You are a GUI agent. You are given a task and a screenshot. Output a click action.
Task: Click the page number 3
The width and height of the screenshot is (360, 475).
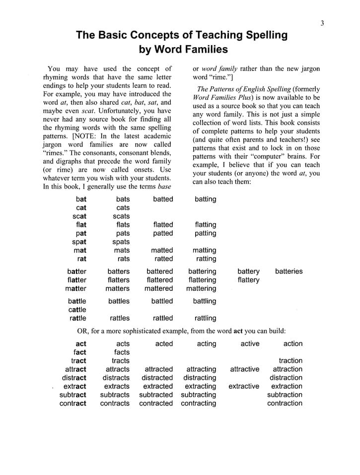pyautogui.click(x=322, y=23)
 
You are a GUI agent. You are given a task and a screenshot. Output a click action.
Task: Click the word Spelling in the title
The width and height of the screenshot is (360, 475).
pyautogui.click(x=263, y=35)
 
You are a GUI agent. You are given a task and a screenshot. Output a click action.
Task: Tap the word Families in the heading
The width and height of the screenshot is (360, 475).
pyautogui.click(x=203, y=50)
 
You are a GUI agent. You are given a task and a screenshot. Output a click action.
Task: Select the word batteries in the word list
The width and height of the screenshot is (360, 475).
pyautogui.click(x=288, y=271)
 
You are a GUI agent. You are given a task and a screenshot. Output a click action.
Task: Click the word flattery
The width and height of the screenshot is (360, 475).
pyautogui.click(x=248, y=280)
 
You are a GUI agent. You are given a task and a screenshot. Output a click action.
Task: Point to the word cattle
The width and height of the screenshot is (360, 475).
pyautogui.click(x=77, y=310)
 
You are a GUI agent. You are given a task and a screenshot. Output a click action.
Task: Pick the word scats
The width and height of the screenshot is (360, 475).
pyautogui.click(x=121, y=216)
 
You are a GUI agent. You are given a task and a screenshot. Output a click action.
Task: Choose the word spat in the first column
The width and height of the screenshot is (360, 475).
pyautogui.click(x=79, y=242)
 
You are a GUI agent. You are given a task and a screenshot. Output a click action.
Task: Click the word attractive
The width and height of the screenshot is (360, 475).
pyautogui.click(x=244, y=369)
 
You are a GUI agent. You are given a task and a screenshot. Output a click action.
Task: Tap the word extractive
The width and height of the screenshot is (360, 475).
pyautogui.click(x=244, y=386)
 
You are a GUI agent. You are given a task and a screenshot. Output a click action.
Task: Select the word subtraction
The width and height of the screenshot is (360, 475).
pyautogui.click(x=285, y=395)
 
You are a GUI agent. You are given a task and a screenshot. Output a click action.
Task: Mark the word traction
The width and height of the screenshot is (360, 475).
pyautogui.click(x=290, y=361)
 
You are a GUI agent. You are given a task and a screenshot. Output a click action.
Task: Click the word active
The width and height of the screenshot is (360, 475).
pyautogui.click(x=250, y=343)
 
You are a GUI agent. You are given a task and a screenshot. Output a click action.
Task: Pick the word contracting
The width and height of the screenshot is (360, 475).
pyautogui.click(x=199, y=404)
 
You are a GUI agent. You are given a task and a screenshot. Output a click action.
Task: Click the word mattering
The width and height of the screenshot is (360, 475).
pyautogui.click(x=202, y=288)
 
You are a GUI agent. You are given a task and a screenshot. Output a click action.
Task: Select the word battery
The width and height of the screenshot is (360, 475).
pyautogui.click(x=248, y=271)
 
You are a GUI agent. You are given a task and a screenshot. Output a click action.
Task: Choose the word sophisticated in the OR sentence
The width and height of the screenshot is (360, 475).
pyautogui.click(x=155, y=331)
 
